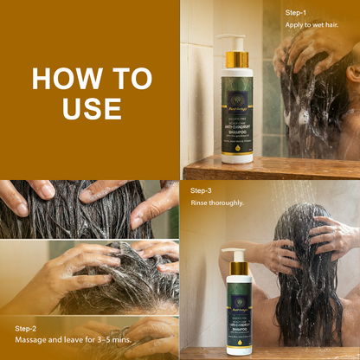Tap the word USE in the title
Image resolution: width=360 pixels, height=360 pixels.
(x=90, y=108)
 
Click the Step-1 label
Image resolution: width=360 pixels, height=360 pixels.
(x=298, y=13)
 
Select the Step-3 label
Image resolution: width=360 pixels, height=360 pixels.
(x=202, y=188)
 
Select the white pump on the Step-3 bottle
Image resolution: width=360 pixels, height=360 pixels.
(x=234, y=254)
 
